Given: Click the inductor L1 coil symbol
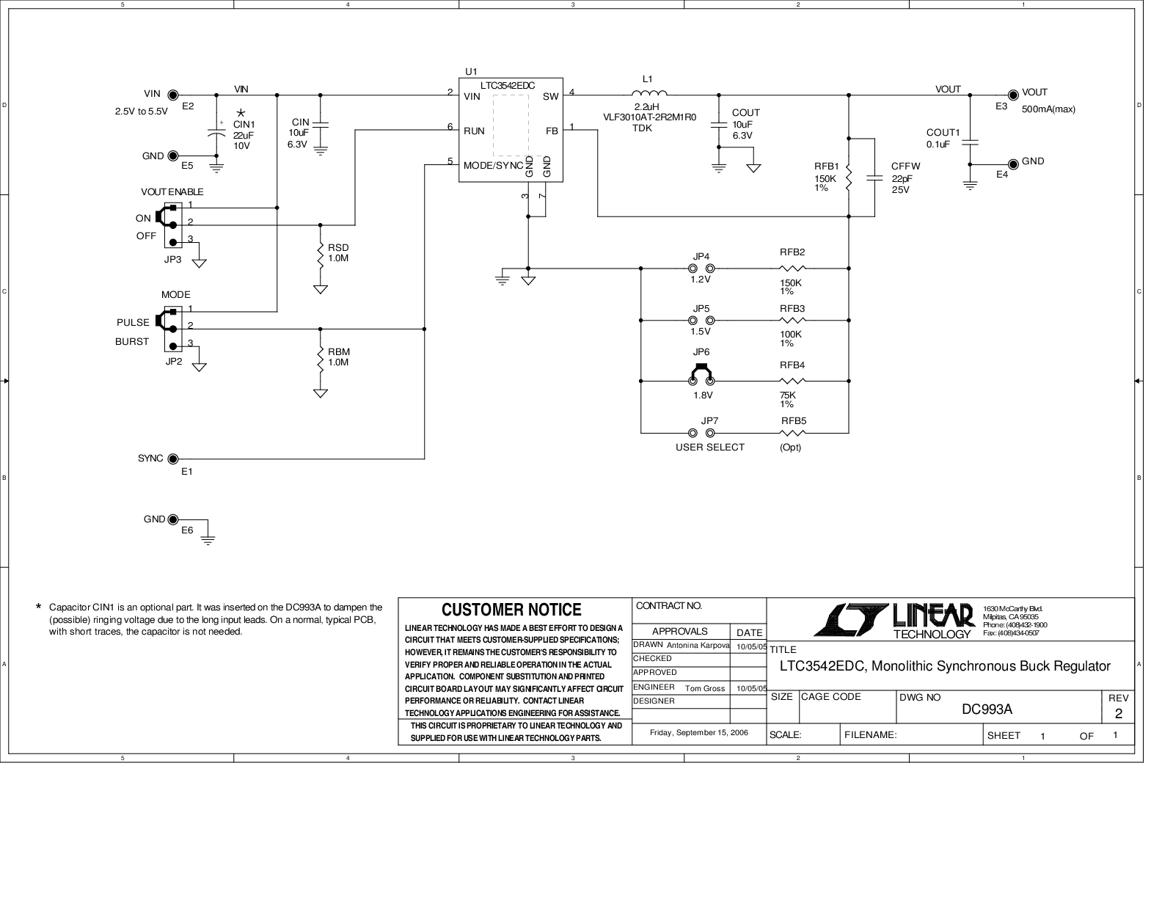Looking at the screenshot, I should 649,93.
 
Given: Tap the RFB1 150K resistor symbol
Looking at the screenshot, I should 849,178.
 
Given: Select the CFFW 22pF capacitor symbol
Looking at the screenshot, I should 875,177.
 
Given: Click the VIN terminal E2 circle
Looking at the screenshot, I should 173,95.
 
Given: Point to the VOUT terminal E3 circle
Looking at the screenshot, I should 1014,94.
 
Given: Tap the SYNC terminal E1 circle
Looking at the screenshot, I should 173,459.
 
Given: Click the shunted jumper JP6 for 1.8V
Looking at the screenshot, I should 701,376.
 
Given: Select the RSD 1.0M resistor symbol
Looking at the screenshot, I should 321,254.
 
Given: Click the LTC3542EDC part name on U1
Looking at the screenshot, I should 508,86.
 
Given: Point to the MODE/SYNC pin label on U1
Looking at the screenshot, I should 493,166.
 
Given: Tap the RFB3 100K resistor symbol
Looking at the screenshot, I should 792,321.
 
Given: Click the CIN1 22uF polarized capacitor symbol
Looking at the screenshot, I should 216,135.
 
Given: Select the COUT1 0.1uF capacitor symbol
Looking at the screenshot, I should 970,142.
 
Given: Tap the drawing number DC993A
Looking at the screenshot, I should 987,709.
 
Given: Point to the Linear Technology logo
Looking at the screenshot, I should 894,621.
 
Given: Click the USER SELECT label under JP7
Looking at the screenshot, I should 709,447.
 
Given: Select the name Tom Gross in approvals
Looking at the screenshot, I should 704,688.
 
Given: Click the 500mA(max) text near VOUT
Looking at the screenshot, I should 1048,109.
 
